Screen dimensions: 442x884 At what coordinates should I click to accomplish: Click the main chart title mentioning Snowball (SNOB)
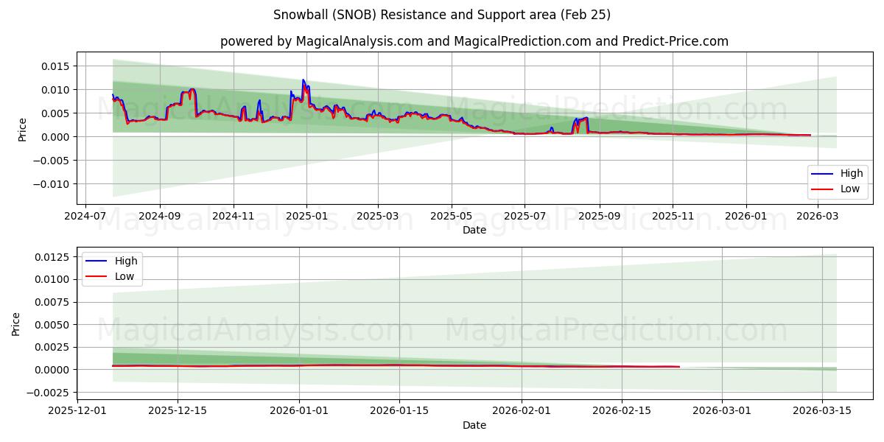pyautogui.click(x=441, y=15)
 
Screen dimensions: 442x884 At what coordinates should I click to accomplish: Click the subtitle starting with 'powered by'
pyautogui.click(x=474, y=41)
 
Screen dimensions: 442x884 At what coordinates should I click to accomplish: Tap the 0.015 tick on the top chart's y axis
pyautogui.click(x=56, y=66)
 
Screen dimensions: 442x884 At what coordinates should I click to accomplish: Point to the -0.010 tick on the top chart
pyautogui.click(x=52, y=184)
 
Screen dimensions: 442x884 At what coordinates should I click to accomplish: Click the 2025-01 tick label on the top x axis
pyautogui.click(x=306, y=217)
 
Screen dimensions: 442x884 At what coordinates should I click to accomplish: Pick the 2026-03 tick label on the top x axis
pyautogui.click(x=815, y=217)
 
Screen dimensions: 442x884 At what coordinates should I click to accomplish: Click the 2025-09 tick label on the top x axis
pyautogui.click(x=599, y=217)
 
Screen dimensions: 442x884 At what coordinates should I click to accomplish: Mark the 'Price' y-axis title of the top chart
pyautogui.click(x=22, y=129)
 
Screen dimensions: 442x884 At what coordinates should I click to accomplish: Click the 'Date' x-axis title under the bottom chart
pyautogui.click(x=474, y=425)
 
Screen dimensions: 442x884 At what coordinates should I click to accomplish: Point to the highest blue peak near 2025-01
pyautogui.click(x=303, y=80)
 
